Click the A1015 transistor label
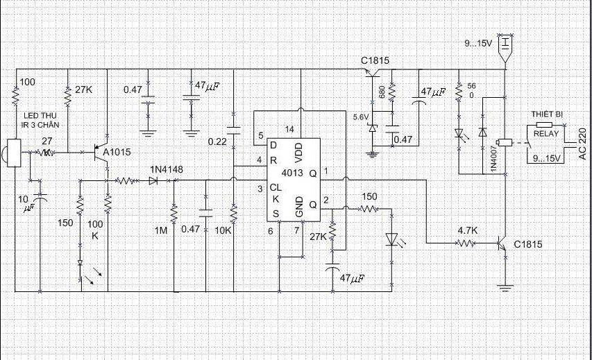tap(117, 152)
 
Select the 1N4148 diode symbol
tap(153, 181)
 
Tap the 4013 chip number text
tap(292, 173)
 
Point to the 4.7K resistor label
tap(468, 230)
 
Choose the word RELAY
tap(546, 134)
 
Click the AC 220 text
tap(582, 144)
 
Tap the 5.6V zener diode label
tap(361, 117)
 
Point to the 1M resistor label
tap(161, 230)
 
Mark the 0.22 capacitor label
tap(217, 142)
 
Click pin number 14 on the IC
tap(289, 130)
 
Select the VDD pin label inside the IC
tap(298, 153)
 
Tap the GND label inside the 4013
tap(298, 207)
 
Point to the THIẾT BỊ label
tap(547, 114)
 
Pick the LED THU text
tap(42, 116)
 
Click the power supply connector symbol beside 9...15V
tap(506, 48)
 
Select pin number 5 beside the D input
tap(261, 135)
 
